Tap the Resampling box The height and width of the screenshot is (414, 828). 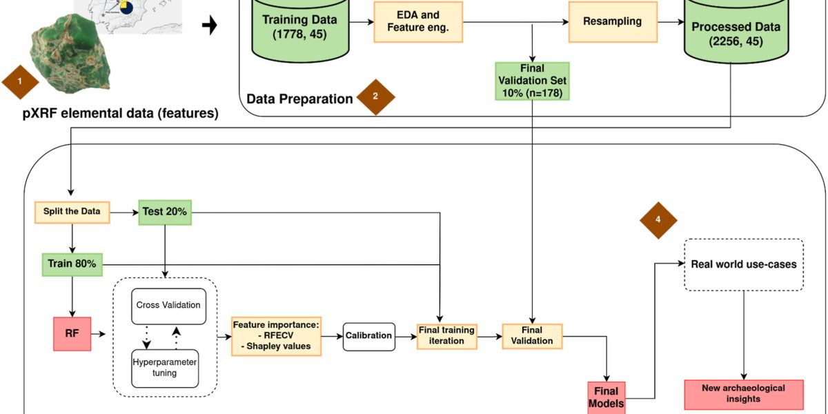click(x=612, y=21)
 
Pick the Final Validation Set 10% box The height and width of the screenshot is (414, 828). click(x=532, y=81)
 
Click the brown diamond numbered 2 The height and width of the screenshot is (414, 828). click(x=375, y=97)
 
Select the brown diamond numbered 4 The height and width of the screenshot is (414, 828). click(x=658, y=220)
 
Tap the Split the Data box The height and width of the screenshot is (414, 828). click(x=72, y=212)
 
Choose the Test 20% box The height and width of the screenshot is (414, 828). click(x=164, y=212)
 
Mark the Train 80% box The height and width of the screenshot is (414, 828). click(x=72, y=264)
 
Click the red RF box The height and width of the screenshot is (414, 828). click(x=72, y=334)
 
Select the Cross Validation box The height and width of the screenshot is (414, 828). click(x=168, y=306)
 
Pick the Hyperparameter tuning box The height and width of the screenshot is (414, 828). click(x=166, y=368)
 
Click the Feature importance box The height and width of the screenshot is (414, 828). click(x=276, y=335)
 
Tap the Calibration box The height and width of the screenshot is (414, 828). click(x=369, y=336)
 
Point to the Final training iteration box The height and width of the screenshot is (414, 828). click(x=447, y=335)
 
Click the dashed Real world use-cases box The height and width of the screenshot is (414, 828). click(x=743, y=264)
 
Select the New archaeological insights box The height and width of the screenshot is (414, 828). click(x=743, y=393)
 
